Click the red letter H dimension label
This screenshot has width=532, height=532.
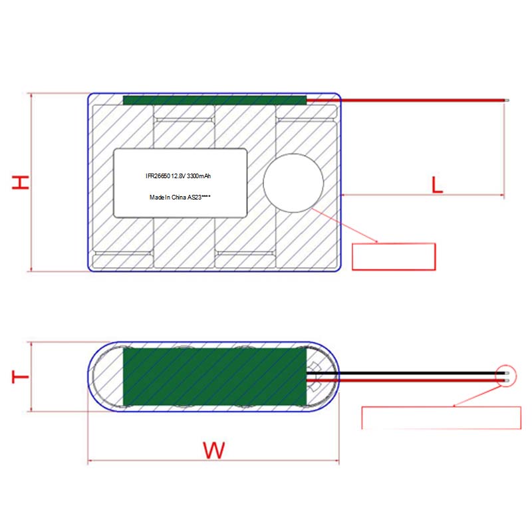coord(21,182)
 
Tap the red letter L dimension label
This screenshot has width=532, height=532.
coord(437,185)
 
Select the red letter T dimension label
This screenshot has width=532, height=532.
coord(21,376)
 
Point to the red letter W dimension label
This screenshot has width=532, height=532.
coord(213,450)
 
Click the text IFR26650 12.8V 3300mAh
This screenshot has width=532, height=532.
coord(178,176)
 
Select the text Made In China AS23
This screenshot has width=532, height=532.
coord(176,197)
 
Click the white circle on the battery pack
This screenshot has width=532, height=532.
coord(293,184)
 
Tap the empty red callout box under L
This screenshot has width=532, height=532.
coord(394,257)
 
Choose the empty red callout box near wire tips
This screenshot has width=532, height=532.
coord(441,418)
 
